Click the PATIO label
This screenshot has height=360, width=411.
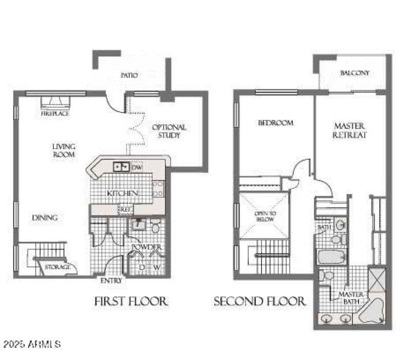129,75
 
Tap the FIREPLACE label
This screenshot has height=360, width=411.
55,114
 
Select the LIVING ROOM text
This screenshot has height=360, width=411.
64,150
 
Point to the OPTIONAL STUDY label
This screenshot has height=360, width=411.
170,131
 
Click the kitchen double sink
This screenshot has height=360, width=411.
121,167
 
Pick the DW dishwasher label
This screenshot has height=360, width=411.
137,168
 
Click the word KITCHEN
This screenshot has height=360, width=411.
122,193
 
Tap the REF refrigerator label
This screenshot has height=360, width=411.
125,209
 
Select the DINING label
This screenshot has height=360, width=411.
45,218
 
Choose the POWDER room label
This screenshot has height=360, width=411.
147,247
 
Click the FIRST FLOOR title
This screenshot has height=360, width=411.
131,301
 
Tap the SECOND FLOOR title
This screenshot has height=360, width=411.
260,301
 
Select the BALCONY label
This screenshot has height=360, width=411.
354,73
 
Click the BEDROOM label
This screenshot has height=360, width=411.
275,123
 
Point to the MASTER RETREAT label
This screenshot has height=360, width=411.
349,130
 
